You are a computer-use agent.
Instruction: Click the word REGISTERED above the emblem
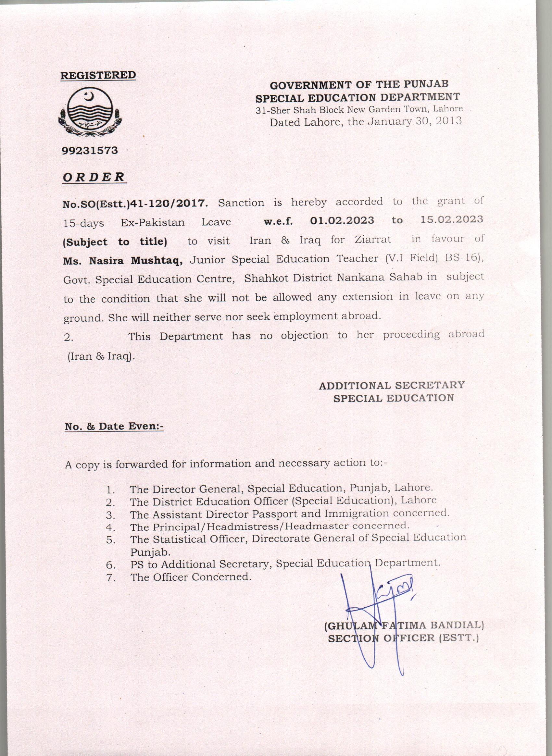click(x=98, y=75)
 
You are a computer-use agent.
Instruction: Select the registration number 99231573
click(x=90, y=151)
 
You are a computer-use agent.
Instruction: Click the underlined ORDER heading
click(x=94, y=177)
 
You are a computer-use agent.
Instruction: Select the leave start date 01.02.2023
click(x=342, y=220)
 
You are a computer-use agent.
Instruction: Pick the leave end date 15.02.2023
click(x=451, y=219)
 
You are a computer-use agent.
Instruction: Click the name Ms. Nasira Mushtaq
click(x=123, y=261)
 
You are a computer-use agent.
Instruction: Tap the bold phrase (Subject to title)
click(x=115, y=242)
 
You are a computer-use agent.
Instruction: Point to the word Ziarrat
click(x=372, y=240)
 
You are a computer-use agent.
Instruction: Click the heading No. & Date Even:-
click(x=114, y=426)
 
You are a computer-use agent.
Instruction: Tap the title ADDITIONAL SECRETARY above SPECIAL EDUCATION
click(x=392, y=385)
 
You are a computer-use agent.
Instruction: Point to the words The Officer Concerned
click(x=191, y=577)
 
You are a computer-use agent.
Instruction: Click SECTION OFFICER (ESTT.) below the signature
click(x=403, y=638)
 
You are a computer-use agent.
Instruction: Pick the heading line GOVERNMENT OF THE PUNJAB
click(x=359, y=84)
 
